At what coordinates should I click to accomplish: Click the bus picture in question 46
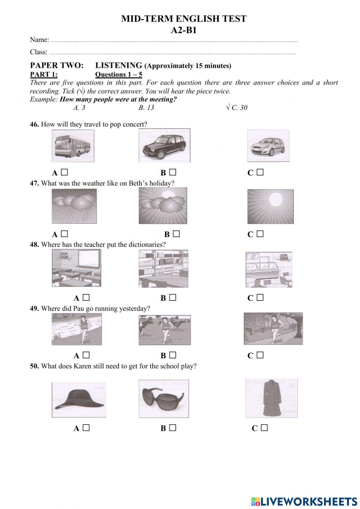click(x=73, y=146)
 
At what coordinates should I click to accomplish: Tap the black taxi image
click(x=164, y=146)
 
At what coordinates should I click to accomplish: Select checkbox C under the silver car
click(x=260, y=173)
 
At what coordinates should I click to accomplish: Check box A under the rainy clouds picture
click(x=64, y=234)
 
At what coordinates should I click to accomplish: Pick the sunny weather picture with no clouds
click(x=270, y=206)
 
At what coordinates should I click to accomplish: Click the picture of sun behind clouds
click(x=163, y=206)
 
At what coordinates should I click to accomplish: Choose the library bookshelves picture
click(x=163, y=268)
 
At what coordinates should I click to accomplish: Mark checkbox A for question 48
click(x=86, y=298)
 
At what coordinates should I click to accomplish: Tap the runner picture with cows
click(x=165, y=329)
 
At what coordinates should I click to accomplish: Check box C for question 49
click(x=260, y=355)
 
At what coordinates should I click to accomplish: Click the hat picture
click(x=79, y=400)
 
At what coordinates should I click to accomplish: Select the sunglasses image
click(x=164, y=398)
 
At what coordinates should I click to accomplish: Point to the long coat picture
click(x=271, y=398)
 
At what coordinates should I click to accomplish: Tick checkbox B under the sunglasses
click(x=173, y=428)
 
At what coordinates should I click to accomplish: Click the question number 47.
click(x=34, y=183)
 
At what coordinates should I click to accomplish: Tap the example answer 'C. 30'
click(x=239, y=107)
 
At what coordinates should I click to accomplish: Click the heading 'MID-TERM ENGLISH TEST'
click(x=184, y=19)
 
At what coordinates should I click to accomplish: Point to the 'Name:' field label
click(x=39, y=40)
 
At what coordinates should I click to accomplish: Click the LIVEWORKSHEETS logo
click(x=304, y=501)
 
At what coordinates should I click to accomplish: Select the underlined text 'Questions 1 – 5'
click(x=118, y=75)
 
